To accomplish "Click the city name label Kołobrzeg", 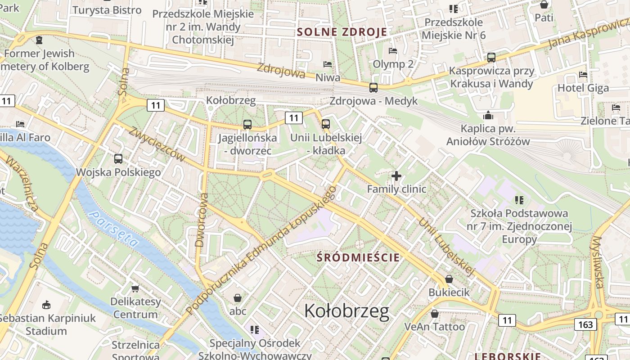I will (x=346, y=310).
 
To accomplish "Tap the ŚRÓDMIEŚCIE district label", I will (x=358, y=257).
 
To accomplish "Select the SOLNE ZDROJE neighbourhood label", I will (x=342, y=32).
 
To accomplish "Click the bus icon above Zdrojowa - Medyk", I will (x=373, y=88).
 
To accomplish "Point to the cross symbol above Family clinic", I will (x=396, y=176).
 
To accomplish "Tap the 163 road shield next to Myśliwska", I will (x=585, y=324).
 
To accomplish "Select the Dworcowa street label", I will (x=201, y=220).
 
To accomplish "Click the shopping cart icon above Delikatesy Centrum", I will (x=135, y=288).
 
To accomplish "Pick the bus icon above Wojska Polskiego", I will (x=118, y=159).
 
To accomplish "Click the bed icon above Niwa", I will (x=328, y=65).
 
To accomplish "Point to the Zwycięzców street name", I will (x=157, y=144).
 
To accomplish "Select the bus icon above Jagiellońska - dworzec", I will (x=247, y=125).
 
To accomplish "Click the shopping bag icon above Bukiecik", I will (x=449, y=279).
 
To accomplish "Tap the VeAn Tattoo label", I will (x=434, y=327).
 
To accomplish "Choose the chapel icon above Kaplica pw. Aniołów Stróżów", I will (x=488, y=116).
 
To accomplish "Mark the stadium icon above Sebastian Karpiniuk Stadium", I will (x=46, y=305).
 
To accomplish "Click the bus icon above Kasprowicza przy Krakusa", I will (x=491, y=58).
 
